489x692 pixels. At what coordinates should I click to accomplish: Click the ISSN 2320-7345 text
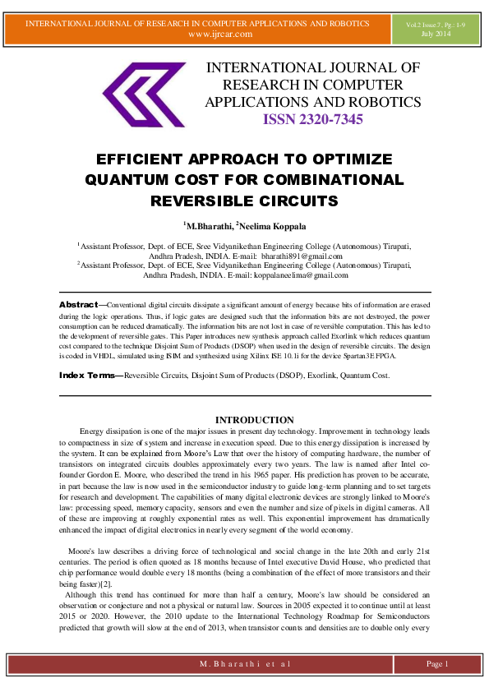312,120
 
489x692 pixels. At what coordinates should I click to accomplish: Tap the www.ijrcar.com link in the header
219,34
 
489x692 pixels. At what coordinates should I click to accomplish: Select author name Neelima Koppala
270,225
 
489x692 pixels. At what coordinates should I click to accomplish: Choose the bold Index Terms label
87,375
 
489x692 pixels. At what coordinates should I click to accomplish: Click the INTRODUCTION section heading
243,420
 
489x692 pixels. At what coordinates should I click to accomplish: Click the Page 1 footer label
436,663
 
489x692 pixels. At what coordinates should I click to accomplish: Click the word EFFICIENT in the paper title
145,159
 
